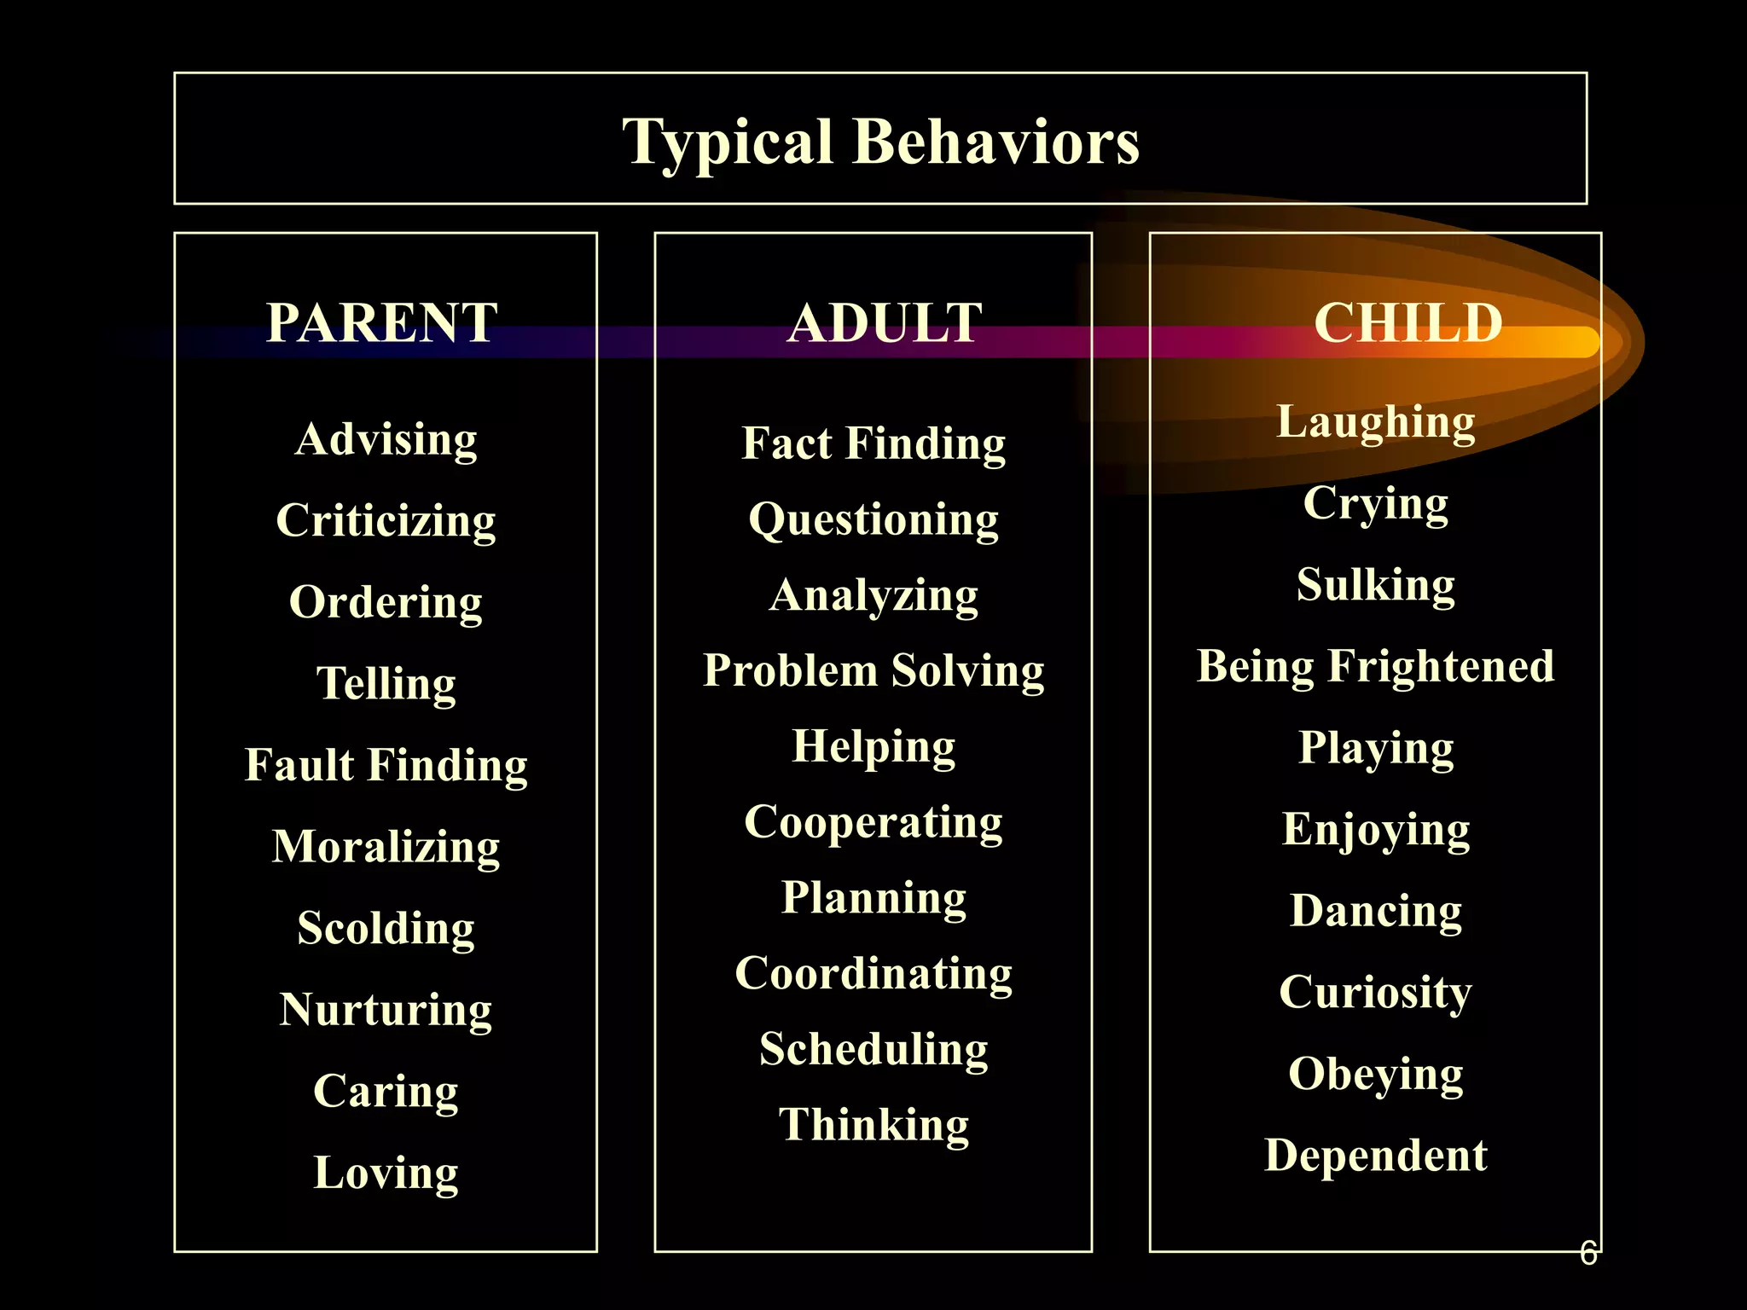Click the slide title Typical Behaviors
coord(880,142)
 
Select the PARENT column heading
coord(381,323)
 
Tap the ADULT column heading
coord(885,323)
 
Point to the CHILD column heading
coord(1407,323)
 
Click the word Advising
coord(386,440)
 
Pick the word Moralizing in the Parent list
coord(386,847)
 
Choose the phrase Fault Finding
coord(386,765)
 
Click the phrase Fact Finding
coord(873,443)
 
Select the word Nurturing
coord(386,1011)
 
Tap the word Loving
coord(386,1173)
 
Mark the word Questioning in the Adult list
coord(873,520)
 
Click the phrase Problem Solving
coord(873,670)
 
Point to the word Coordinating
coord(873,974)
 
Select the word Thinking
coord(873,1125)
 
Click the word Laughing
coord(1375,422)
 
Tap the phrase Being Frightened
coord(1375,666)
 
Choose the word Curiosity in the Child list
coord(1375,993)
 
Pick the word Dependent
coord(1375,1156)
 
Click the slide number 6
coord(1587,1253)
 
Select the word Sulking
coord(1375,585)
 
